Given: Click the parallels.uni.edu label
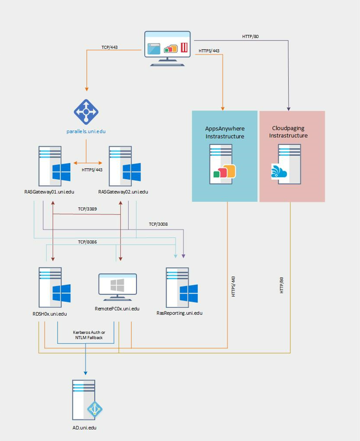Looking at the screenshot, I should (86, 132).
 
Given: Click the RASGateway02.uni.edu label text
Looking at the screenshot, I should (123, 192).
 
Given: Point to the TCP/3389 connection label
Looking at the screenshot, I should (88, 209).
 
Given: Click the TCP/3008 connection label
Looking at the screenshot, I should (158, 224).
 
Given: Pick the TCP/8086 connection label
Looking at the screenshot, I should (88, 242).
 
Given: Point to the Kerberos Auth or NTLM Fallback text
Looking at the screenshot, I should (89, 335).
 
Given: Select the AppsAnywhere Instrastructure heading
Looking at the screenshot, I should (224, 132).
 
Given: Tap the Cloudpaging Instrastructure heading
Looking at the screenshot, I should (290, 132).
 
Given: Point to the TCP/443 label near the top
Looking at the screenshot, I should (110, 47).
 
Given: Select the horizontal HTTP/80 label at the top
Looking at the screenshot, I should (251, 36).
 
